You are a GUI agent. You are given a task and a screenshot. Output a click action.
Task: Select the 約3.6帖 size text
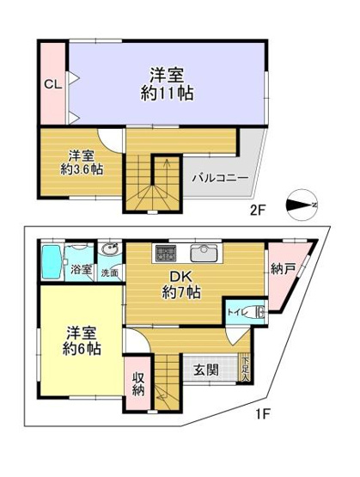pos(82,169)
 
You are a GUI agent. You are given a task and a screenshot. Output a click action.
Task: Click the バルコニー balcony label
pos(221,178)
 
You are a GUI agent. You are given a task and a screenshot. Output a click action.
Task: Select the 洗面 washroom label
pos(110,272)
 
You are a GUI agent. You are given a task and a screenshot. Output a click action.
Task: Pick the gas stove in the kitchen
pos(165,253)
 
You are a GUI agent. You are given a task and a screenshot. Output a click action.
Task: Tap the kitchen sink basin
pos(204,253)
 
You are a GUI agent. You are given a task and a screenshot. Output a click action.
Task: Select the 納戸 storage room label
pos(284,269)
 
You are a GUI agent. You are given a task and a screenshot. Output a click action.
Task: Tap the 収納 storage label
pos(138,383)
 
